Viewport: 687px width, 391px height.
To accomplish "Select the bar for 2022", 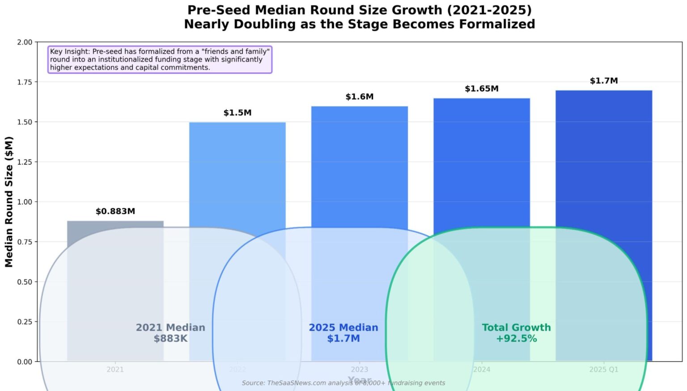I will [x=237, y=179].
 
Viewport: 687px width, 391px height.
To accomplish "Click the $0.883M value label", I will [x=115, y=211].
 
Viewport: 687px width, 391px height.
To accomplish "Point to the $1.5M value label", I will [x=237, y=113].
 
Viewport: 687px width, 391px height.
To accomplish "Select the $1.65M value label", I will [x=481, y=88].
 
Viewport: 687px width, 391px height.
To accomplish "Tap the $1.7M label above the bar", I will [x=603, y=81].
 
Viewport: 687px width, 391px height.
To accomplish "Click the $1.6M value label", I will [x=359, y=97].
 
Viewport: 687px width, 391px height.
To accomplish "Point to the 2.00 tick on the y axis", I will [x=25, y=42].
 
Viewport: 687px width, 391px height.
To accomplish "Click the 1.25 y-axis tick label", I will [x=25, y=162].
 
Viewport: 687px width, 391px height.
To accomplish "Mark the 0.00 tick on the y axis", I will [x=25, y=362].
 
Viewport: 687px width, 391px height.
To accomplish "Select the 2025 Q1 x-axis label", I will [x=603, y=370].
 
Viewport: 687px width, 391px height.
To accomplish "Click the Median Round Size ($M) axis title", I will [x=9, y=202].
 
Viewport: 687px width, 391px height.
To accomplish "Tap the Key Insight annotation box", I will [x=160, y=59].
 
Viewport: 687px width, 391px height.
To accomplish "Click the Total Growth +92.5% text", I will [x=516, y=333].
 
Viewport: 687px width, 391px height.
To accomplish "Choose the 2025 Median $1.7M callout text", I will [x=343, y=333].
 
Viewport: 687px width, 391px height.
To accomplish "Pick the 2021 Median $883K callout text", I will [x=170, y=333].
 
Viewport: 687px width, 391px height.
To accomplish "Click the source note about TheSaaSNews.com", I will [x=343, y=383].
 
